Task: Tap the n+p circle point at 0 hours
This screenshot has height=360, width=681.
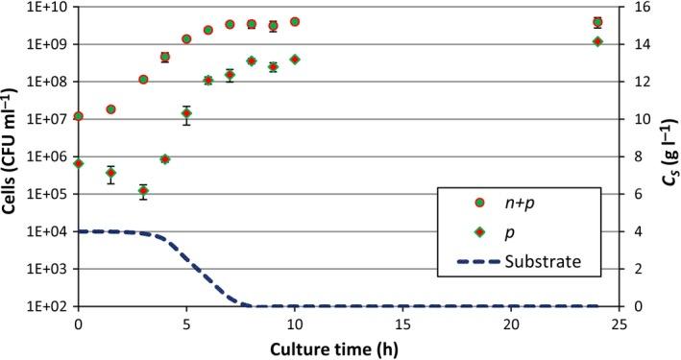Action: coord(78,116)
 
